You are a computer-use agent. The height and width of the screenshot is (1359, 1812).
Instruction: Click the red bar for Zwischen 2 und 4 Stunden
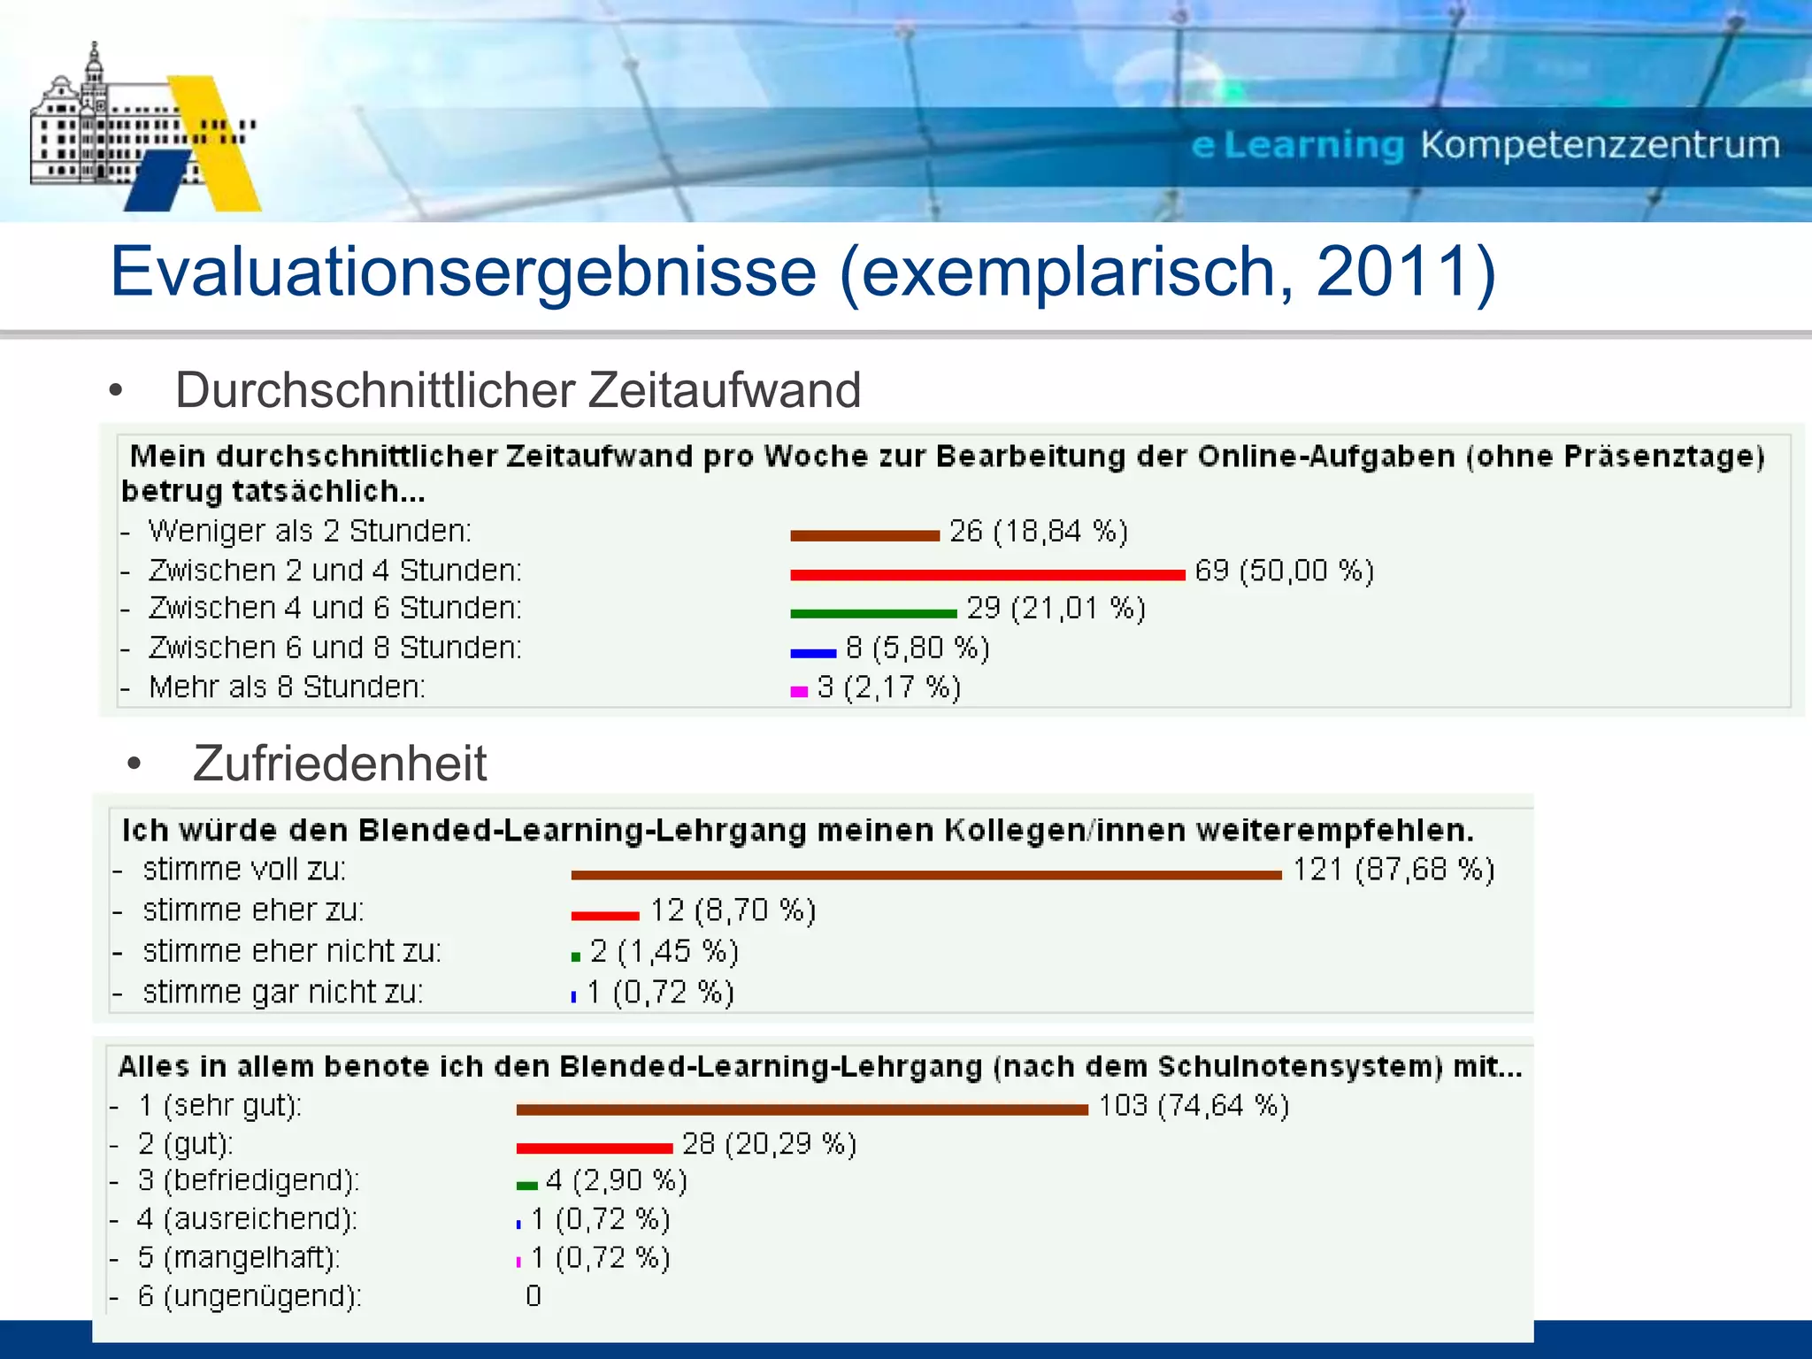coord(987,575)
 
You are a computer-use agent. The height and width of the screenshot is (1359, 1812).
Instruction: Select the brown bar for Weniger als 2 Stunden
coord(864,535)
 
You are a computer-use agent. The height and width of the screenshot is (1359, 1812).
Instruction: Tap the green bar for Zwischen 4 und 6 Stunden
coord(873,613)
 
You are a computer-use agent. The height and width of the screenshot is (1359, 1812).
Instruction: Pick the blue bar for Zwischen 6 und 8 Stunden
coord(813,654)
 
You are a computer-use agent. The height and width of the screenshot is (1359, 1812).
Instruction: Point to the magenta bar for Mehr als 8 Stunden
coord(799,692)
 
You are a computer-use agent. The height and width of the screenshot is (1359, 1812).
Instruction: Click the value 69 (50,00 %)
coord(1284,571)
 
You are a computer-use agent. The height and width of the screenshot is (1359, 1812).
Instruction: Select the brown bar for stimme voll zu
coord(926,875)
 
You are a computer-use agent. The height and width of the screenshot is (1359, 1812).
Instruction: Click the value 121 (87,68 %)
coord(1394,870)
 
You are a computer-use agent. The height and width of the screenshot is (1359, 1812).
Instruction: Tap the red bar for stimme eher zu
coord(605,916)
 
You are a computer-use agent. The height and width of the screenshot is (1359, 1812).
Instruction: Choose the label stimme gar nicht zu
coord(283,993)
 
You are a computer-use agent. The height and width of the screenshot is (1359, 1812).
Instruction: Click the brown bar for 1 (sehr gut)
coord(802,1109)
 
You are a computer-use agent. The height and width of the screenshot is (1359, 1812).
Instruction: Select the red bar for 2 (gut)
coord(595,1148)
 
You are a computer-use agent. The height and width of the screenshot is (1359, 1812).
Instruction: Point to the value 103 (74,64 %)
coord(1194,1106)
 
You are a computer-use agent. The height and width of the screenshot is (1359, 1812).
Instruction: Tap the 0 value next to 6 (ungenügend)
coord(534,1296)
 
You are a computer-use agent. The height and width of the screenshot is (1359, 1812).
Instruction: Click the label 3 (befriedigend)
coord(249,1181)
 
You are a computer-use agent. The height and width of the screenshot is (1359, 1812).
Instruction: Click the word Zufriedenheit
coord(340,764)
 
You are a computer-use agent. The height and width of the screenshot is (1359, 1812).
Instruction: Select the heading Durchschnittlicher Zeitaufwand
coord(518,390)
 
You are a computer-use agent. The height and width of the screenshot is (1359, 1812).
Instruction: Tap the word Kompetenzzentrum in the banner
coord(1600,145)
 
